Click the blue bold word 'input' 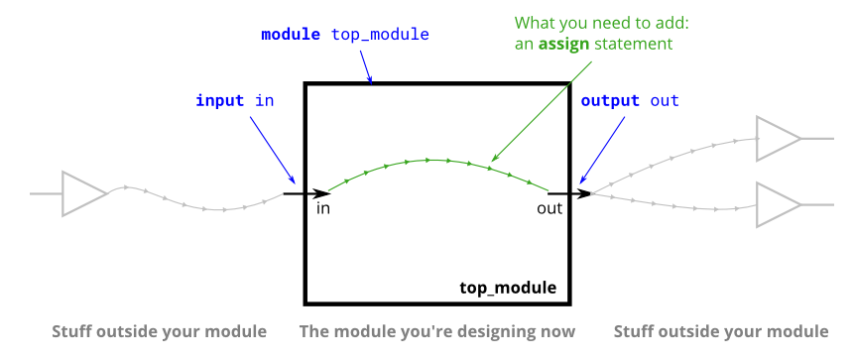[219, 100]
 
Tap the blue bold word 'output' [610, 100]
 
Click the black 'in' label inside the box [323, 209]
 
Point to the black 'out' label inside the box [549, 209]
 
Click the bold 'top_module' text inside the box [508, 289]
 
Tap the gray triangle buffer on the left [82, 193]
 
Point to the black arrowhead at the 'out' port [584, 193]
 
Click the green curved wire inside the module [430, 159]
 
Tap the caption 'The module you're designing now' [437, 331]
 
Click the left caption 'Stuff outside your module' [159, 331]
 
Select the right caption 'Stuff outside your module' [721, 331]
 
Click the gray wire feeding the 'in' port [198, 207]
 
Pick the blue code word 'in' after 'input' [265, 100]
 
